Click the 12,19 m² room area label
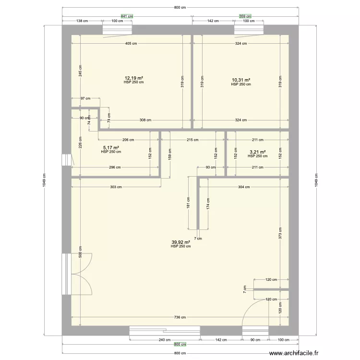pos(134,78)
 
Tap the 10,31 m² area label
pos(241,80)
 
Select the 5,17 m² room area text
pos(111,148)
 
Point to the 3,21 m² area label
pos(258,152)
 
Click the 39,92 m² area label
pos(180,242)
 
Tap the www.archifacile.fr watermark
pos(294,353)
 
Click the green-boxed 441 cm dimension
pos(127,16)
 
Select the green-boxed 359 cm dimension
pos(245,16)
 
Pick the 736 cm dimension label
pos(180,317)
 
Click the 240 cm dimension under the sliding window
pos(165,340)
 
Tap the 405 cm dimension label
pos(131,43)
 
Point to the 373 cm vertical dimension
pos(280,233)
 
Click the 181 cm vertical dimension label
pos(188,203)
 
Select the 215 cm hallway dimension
pos(192,140)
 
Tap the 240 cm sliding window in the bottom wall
pos(165,331)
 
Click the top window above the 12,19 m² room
pos(117,30)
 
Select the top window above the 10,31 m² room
pos(249,30)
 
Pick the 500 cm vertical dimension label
pos(80,252)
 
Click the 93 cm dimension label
pos(211,168)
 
